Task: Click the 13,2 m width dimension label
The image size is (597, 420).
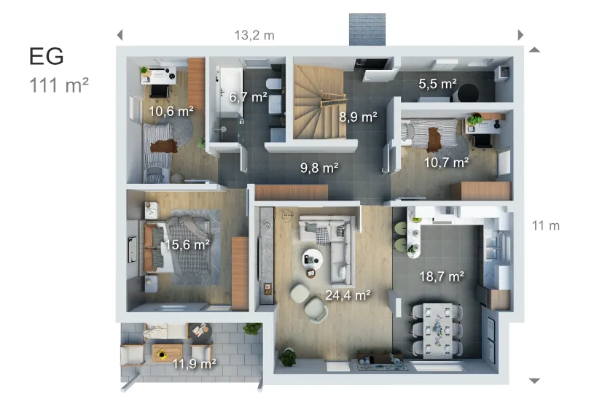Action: click(x=254, y=35)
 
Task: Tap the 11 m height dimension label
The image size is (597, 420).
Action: click(x=545, y=225)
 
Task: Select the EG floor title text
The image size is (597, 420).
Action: click(x=47, y=56)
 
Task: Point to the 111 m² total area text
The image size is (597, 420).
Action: click(x=59, y=85)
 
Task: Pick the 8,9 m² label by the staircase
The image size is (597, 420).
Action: click(x=359, y=116)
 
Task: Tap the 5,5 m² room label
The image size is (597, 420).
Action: click(x=437, y=85)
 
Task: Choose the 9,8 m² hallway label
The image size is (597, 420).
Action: click(x=319, y=168)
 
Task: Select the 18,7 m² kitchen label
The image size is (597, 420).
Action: click(x=442, y=276)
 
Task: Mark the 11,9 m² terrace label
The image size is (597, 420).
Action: click(x=193, y=362)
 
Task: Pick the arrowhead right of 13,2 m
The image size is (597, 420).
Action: click(x=520, y=35)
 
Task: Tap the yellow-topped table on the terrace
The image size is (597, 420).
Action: click(x=161, y=353)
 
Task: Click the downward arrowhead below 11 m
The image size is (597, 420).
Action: click(x=534, y=381)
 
